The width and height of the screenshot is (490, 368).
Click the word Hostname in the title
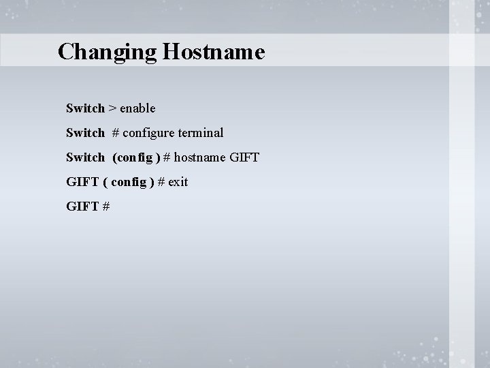click(212, 52)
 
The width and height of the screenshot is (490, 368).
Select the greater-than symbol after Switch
click(112, 108)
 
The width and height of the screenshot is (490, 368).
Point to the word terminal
click(201, 133)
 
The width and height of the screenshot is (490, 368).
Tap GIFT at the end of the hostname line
click(245, 157)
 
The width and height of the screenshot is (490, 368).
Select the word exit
click(178, 182)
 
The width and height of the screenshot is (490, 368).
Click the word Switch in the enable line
click(85, 108)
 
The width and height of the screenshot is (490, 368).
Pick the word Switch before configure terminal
click(85, 133)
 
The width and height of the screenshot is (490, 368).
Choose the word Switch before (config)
click(85, 157)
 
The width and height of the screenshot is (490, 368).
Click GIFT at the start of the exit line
click(81, 182)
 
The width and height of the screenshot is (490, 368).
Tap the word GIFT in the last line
click(81, 206)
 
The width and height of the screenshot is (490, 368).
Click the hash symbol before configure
click(116, 133)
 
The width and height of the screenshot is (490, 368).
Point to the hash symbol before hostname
click(167, 157)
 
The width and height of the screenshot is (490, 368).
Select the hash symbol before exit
click(161, 182)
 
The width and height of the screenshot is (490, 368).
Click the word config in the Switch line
click(135, 157)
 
